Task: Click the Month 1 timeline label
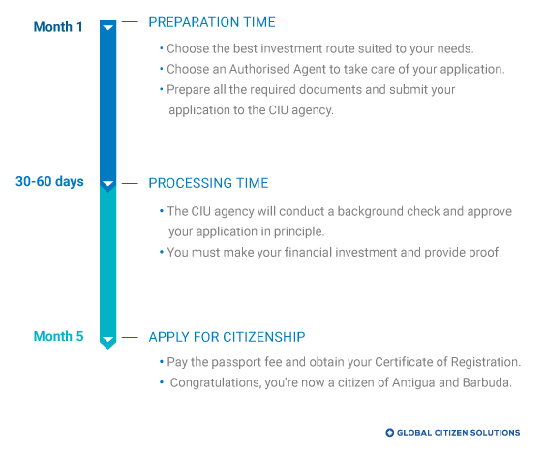click(x=58, y=27)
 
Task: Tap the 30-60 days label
click(x=49, y=181)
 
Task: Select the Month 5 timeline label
click(x=58, y=336)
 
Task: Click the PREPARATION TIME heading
click(x=212, y=22)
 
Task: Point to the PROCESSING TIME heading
click(x=208, y=183)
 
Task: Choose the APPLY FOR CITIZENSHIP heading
click(x=227, y=337)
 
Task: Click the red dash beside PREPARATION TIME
click(x=130, y=22)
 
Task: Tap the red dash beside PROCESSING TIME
click(x=130, y=183)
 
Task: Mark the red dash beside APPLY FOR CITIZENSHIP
click(x=130, y=337)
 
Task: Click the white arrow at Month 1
click(x=108, y=27)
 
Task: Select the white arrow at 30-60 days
click(x=108, y=184)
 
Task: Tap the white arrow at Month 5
click(x=108, y=339)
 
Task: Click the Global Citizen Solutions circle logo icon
click(x=389, y=433)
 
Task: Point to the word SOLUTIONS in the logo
click(x=495, y=433)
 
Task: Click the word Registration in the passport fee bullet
click(x=486, y=362)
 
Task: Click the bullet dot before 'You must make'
click(x=162, y=252)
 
